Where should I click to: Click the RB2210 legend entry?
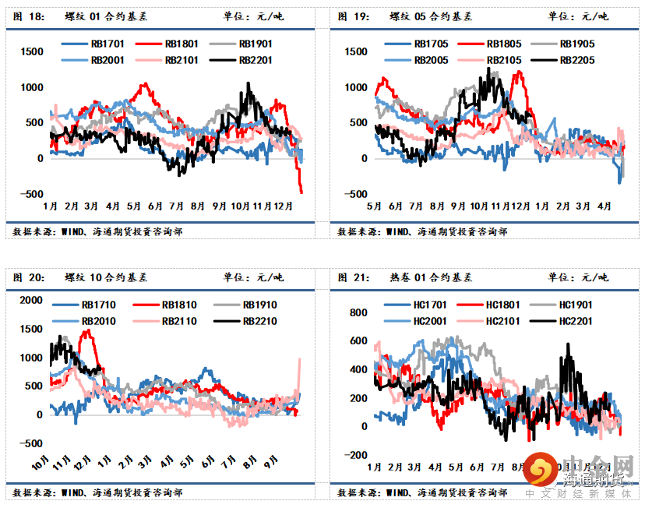259,321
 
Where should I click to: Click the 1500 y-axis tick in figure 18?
33,51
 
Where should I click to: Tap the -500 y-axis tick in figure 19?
355,194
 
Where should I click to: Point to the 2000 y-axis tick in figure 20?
33,300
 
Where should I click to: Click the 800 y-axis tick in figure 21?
358,312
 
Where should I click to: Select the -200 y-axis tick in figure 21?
357,455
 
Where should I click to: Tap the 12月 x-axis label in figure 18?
284,206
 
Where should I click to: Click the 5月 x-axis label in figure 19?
374,206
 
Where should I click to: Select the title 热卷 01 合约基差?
430,277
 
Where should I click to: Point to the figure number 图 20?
28,277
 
